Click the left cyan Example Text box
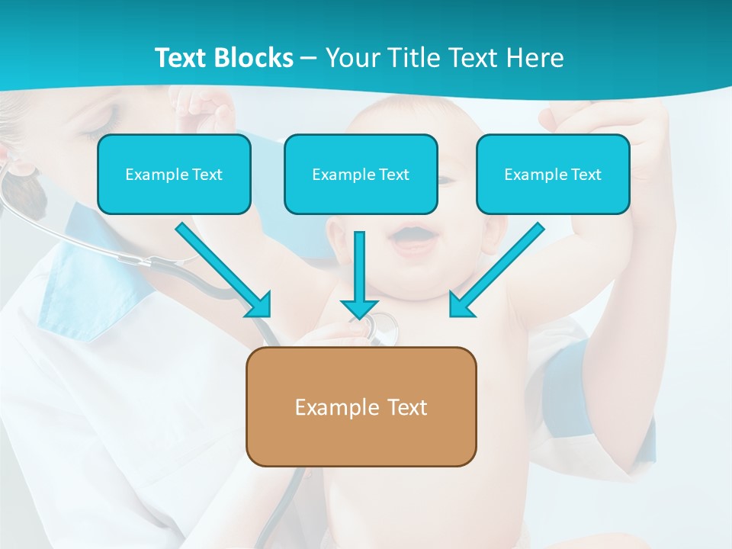(x=174, y=174)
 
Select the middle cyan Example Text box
(x=361, y=174)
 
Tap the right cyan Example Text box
(x=553, y=174)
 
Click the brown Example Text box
(x=361, y=406)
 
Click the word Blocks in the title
(x=253, y=58)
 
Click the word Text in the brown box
(x=407, y=407)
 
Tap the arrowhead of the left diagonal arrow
(x=260, y=306)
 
